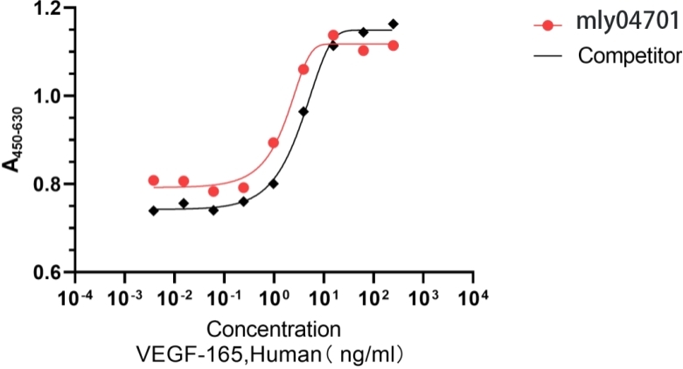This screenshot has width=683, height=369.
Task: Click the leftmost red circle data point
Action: point(154,180)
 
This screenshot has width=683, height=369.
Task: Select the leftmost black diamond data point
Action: point(154,211)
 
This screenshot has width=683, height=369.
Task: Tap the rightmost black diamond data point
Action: point(394,24)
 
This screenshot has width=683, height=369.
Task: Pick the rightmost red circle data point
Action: point(394,45)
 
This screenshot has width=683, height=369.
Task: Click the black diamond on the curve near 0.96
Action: point(303,112)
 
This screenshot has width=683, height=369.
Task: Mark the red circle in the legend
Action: point(548,25)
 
